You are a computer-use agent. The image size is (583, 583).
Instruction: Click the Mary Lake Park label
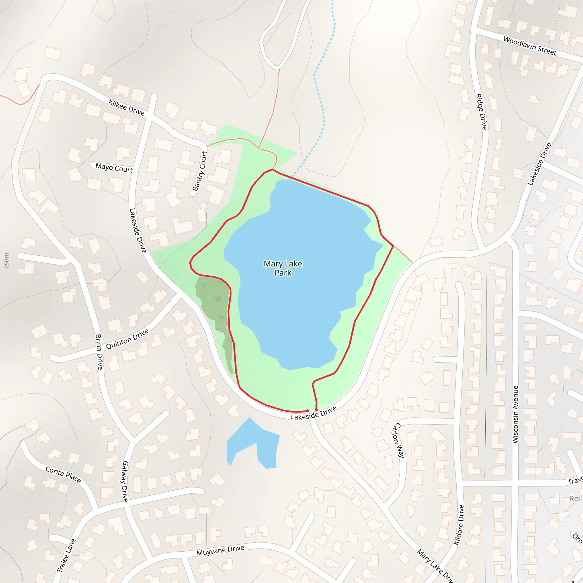(283, 268)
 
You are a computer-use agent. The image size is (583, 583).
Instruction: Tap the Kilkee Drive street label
(126, 108)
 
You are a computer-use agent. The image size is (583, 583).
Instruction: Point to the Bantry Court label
(200, 171)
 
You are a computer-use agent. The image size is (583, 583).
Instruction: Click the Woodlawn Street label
(530, 46)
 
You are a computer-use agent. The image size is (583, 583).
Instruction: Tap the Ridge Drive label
(481, 112)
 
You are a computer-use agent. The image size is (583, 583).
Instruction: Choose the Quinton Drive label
(127, 339)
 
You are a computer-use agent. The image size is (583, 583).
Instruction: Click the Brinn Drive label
(99, 352)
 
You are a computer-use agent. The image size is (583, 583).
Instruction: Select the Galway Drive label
(125, 481)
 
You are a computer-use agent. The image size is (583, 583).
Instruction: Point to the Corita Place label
(63, 474)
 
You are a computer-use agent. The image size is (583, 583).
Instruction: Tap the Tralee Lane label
(66, 555)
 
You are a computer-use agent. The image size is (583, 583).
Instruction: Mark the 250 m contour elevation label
(7, 261)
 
